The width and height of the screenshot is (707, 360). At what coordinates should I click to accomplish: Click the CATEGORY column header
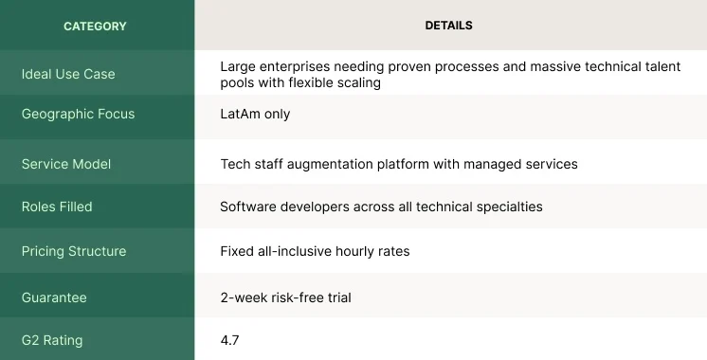coord(95,26)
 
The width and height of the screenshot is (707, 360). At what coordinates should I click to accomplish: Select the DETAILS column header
coord(448,26)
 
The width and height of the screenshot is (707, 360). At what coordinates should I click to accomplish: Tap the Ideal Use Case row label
coord(68,74)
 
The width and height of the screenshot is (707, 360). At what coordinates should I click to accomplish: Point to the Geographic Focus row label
coord(78,114)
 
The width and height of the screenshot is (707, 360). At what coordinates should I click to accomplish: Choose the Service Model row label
coord(65,164)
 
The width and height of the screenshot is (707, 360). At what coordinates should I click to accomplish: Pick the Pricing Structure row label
coord(73,251)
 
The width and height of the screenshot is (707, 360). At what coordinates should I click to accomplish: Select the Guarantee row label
coord(54,297)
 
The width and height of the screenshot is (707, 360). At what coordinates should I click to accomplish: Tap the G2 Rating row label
coord(53,339)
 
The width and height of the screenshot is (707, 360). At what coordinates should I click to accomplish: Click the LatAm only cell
coord(255,114)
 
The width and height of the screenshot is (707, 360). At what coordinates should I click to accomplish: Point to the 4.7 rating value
coord(229,339)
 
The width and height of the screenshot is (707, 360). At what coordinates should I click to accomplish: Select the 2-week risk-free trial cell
coord(285,297)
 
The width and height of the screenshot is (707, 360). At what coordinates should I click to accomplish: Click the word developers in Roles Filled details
coord(316,206)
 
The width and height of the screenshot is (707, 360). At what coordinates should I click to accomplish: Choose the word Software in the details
coord(249,206)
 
